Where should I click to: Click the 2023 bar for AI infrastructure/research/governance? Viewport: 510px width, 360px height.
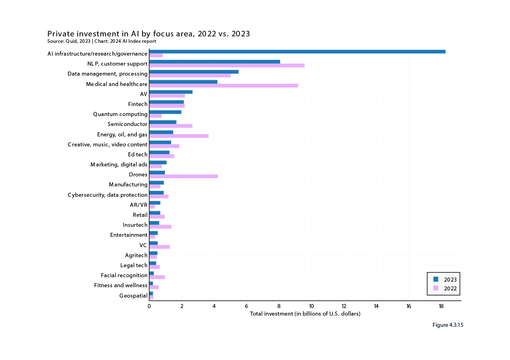point(297,52)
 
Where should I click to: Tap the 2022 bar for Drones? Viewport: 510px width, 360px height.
point(183,176)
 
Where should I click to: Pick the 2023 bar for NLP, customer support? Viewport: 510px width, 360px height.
point(214,62)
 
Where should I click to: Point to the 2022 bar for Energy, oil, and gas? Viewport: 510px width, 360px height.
point(179,136)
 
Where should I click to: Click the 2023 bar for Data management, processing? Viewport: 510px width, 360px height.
point(194,72)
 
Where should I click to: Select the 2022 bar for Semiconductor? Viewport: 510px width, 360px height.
point(170,126)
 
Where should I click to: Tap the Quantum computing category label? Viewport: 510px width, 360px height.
point(120,114)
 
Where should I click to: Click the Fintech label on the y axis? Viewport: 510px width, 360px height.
point(138,104)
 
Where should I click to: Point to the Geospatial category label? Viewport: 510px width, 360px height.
point(133,296)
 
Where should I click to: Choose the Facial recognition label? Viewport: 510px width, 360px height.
point(124,275)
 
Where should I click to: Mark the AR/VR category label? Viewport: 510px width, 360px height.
point(139,205)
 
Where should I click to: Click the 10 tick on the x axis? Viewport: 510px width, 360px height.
point(311,306)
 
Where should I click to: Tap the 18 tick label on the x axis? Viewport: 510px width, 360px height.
point(441,306)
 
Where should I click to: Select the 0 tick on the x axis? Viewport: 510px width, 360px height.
point(149,306)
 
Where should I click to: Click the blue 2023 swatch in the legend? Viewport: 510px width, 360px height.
point(436,279)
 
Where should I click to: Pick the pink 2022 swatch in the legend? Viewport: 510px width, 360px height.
point(436,288)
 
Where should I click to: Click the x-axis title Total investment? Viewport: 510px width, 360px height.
point(305,314)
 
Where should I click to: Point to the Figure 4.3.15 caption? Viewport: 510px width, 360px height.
point(448,325)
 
